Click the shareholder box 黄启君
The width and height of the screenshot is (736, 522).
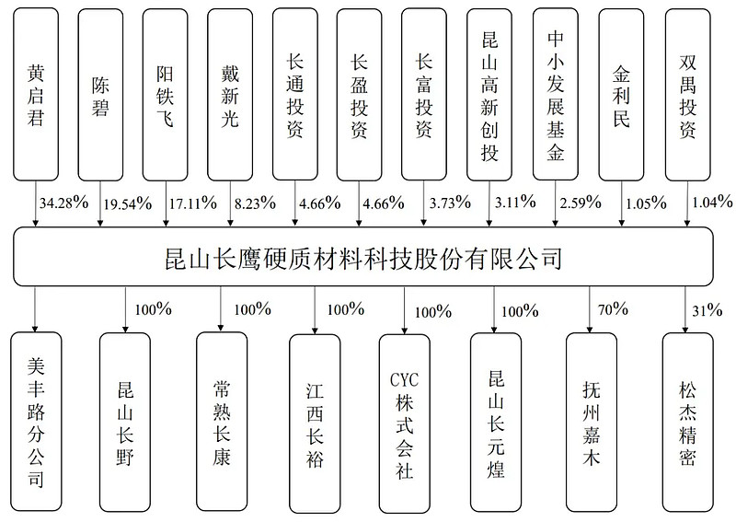(36, 94)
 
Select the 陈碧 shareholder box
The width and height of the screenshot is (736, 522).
(100, 95)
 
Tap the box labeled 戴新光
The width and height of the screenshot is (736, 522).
(229, 95)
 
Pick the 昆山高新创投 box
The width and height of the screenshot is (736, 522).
(489, 95)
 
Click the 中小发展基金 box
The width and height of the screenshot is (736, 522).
(556, 94)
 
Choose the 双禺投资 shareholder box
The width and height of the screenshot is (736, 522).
(687, 95)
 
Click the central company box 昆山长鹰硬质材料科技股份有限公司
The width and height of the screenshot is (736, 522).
(362, 257)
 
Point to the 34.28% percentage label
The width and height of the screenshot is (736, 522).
(63, 203)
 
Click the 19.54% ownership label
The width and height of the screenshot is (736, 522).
(128, 203)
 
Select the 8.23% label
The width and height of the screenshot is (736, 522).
(255, 203)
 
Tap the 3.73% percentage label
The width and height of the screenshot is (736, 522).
(450, 203)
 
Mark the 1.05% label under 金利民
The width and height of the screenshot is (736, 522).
(647, 203)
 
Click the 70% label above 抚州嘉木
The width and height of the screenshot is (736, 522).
(613, 309)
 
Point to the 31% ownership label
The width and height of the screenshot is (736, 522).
(707, 310)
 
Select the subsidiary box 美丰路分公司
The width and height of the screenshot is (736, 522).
(36, 422)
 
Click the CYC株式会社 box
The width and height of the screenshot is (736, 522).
(405, 423)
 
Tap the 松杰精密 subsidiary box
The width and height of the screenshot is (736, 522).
(687, 423)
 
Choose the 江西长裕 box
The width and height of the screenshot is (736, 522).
(315, 423)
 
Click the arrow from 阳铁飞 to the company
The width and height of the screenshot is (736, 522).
(166, 203)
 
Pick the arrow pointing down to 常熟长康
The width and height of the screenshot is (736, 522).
(221, 308)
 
